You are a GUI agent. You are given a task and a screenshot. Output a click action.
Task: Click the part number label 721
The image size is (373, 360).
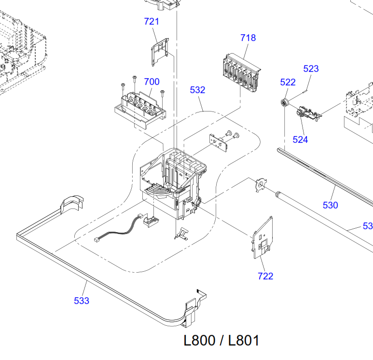[x=152, y=21]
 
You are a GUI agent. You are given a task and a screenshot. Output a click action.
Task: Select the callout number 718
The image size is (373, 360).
[x=248, y=38]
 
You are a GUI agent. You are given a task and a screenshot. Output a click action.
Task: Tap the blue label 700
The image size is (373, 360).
[x=152, y=82]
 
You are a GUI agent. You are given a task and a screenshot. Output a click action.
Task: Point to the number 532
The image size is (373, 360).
[x=197, y=90]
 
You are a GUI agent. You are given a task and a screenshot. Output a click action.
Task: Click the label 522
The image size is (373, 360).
[x=288, y=82]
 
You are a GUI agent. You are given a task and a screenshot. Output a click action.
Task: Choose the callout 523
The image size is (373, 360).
[x=311, y=69]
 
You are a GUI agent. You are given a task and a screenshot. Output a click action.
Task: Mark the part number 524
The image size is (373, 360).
[x=300, y=139]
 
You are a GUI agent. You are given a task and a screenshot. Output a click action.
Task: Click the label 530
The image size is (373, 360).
[x=330, y=205]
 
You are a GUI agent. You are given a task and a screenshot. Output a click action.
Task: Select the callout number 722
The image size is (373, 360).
[x=265, y=276]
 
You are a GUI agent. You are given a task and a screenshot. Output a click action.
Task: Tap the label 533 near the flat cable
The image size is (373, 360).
[x=82, y=301]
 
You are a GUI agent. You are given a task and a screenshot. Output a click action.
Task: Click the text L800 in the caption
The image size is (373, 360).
[x=199, y=340]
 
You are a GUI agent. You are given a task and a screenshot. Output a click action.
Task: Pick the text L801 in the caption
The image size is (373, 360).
[x=243, y=340]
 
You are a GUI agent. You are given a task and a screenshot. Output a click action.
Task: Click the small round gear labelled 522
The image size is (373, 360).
[x=285, y=103]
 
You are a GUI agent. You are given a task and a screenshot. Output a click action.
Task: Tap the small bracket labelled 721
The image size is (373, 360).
[x=160, y=52]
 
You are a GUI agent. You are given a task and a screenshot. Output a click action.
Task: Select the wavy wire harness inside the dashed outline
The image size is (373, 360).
[x=119, y=228]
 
